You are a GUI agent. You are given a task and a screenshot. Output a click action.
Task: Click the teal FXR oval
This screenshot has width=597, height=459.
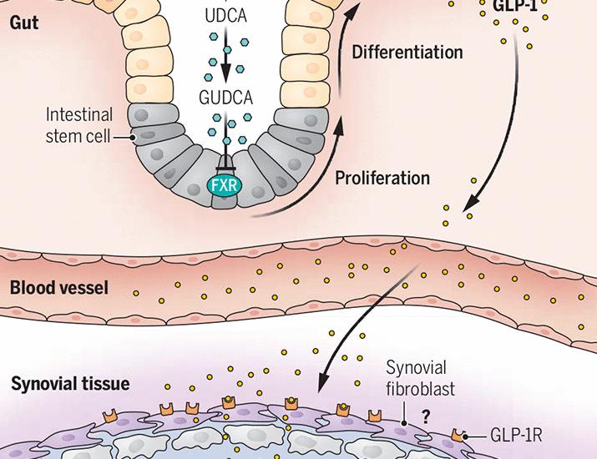click(225, 186)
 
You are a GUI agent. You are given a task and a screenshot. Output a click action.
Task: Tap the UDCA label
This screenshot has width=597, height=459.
click(226, 16)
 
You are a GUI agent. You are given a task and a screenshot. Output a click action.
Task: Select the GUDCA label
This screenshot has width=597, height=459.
click(225, 98)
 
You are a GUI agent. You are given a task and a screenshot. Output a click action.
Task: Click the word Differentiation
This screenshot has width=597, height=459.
click(407, 52)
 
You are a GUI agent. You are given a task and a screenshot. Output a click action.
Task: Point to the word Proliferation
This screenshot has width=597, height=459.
click(382, 178)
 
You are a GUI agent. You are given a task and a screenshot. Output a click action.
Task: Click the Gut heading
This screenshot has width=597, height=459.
click(24, 23)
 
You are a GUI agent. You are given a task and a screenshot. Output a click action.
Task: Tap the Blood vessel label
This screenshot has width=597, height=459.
click(59, 288)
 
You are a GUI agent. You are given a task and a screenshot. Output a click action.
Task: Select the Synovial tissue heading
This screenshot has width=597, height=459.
click(70, 383)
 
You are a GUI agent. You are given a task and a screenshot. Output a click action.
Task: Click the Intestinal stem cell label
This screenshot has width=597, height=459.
click(79, 125)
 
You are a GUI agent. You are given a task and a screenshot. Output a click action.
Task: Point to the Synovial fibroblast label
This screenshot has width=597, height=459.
click(420, 378)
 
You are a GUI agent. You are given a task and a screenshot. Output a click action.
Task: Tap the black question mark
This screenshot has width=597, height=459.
click(426, 417)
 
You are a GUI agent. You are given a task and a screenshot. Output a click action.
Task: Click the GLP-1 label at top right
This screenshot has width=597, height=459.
click(515, 7)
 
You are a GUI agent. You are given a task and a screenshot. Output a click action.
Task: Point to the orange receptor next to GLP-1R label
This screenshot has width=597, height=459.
click(458, 435)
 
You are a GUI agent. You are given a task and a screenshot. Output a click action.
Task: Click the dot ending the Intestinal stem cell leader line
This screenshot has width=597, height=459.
click(133, 138)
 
